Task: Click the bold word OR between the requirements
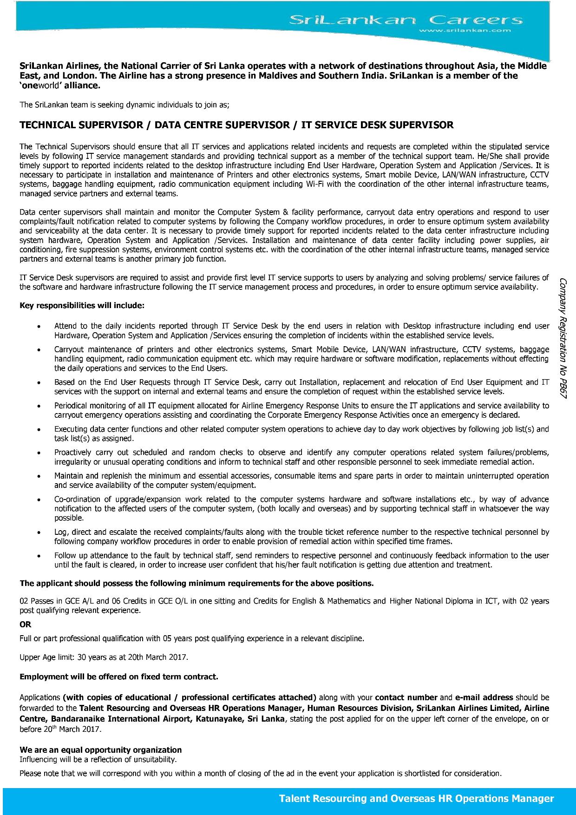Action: click(26, 624)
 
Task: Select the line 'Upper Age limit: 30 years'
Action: click(104, 657)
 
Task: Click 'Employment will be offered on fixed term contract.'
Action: click(118, 677)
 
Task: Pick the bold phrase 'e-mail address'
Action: click(484, 697)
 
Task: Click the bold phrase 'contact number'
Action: click(406, 697)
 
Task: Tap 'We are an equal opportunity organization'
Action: click(100, 749)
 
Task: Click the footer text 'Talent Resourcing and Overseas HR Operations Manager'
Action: click(416, 799)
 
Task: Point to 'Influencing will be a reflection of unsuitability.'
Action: click(98, 759)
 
